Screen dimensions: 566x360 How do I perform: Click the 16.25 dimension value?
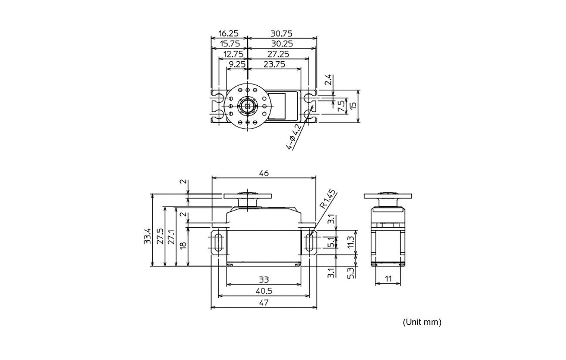228,34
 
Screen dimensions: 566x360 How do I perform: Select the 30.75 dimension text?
282,34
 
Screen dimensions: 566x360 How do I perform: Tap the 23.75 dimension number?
274,64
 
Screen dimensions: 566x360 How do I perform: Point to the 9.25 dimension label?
237,64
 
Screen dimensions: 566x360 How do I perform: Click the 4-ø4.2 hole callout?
294,136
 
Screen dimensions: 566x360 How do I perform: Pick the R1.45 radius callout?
328,199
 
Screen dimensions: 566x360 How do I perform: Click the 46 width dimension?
264,173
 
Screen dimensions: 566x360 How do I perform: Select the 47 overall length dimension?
264,303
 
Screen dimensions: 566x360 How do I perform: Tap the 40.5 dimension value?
264,291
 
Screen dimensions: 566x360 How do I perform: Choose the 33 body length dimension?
264,279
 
